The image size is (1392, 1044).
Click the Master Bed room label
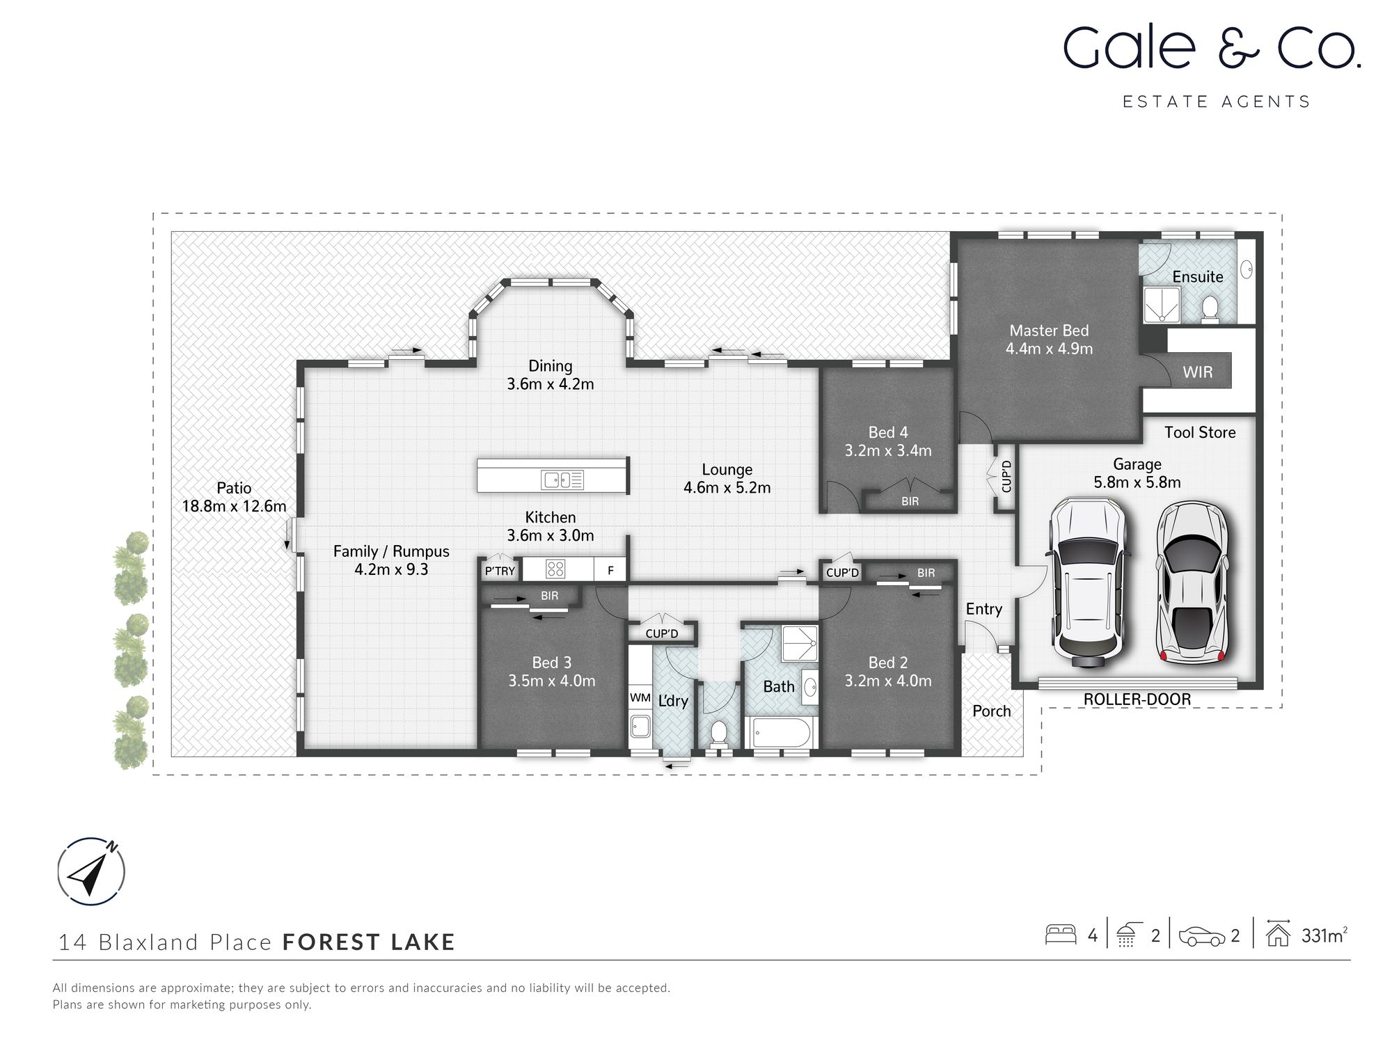click(x=1049, y=331)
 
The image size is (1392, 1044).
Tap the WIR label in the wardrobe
click(x=1197, y=372)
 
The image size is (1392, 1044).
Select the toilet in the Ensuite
click(x=1210, y=310)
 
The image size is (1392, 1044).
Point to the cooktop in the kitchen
click(x=555, y=569)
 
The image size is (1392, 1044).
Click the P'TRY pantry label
click(x=500, y=571)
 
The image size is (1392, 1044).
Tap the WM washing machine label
click(x=640, y=697)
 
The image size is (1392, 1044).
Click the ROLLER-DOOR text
click(x=1137, y=699)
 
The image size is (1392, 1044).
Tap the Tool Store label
click(x=1199, y=433)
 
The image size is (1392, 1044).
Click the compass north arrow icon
click(x=90, y=871)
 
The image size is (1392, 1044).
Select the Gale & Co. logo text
click(x=1211, y=49)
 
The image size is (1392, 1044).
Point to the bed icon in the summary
click(x=1061, y=935)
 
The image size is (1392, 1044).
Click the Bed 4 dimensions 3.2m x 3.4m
click(x=887, y=451)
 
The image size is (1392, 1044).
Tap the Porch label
click(x=991, y=711)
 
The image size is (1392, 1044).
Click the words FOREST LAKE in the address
click(x=368, y=942)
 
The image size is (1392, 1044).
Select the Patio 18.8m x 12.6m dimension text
click(x=234, y=507)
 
